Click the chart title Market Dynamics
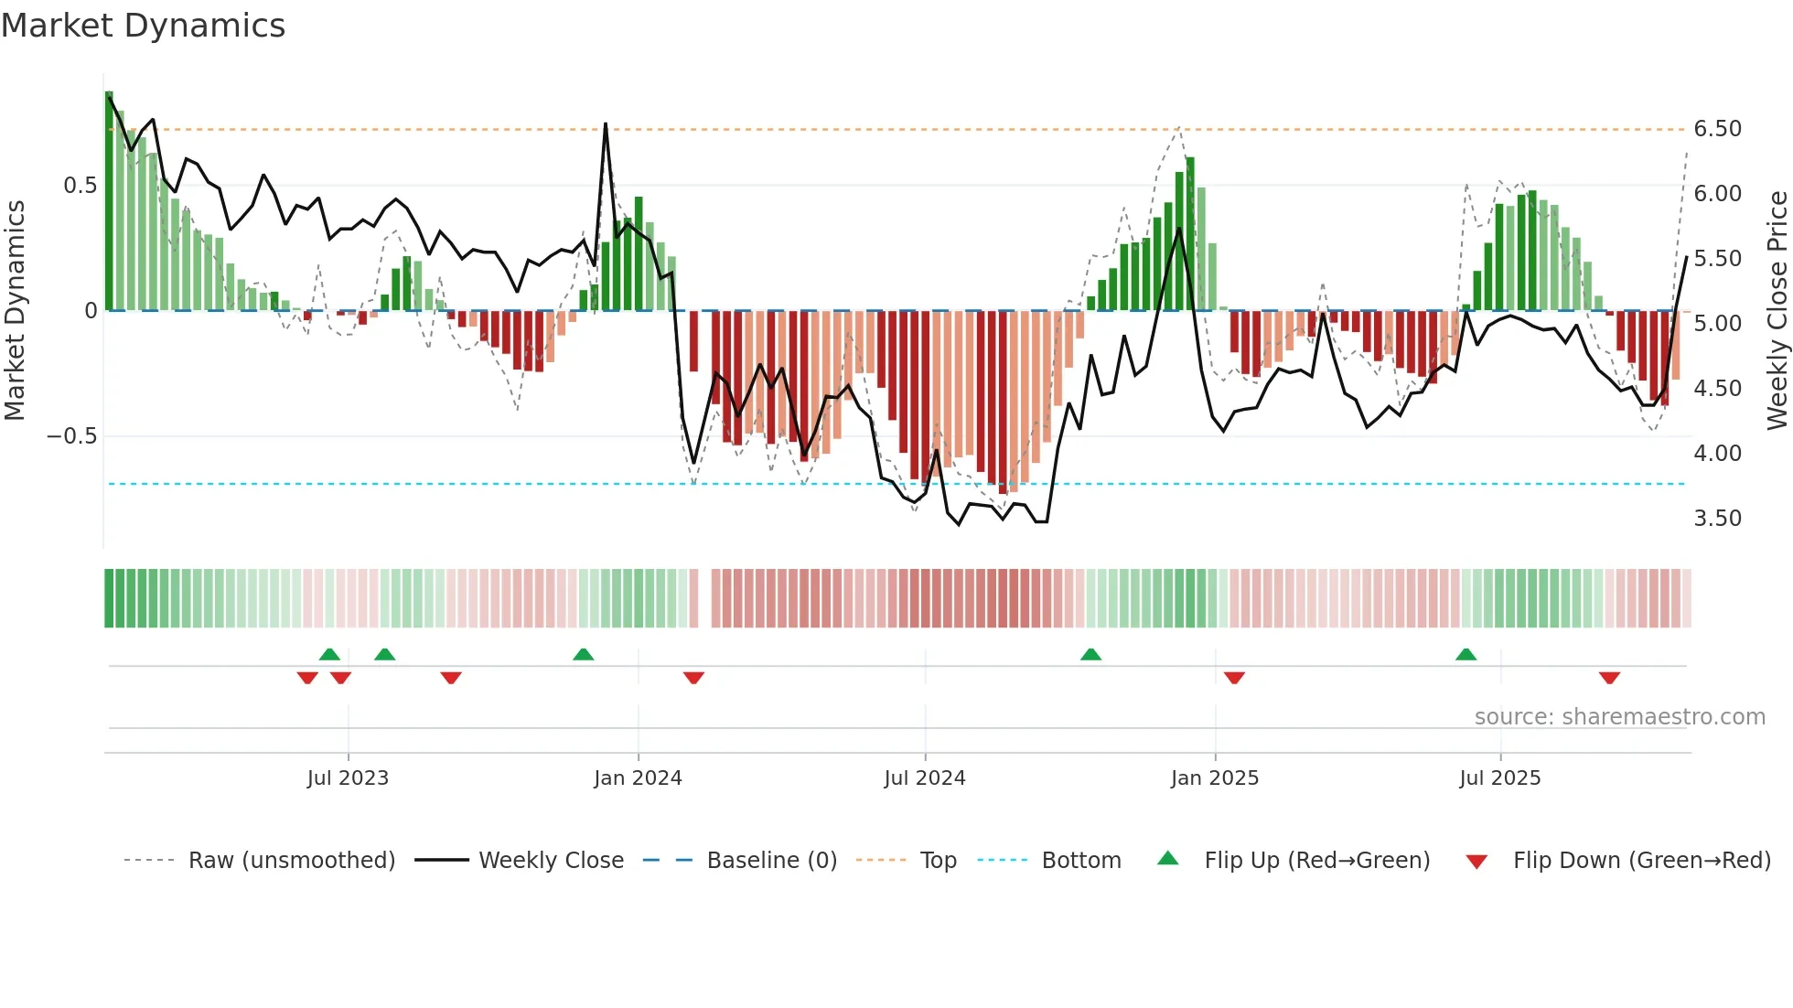pyautogui.click(x=143, y=26)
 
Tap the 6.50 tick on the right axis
pyautogui.click(x=1717, y=129)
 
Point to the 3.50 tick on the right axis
pyautogui.click(x=1717, y=519)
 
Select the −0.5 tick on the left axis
pyautogui.click(x=71, y=436)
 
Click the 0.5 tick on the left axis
pyautogui.click(x=80, y=186)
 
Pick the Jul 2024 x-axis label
pyautogui.click(x=924, y=778)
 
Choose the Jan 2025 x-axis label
pyautogui.click(x=1214, y=778)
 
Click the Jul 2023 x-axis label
pyautogui.click(x=348, y=778)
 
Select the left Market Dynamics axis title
pyautogui.click(x=15, y=311)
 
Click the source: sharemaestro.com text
pyautogui.click(x=1619, y=717)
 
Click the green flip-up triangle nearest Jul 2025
pyautogui.click(x=1466, y=654)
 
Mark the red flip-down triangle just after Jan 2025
pyautogui.click(x=1234, y=678)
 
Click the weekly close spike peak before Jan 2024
pyautogui.click(x=606, y=124)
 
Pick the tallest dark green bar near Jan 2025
pyautogui.click(x=1190, y=161)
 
